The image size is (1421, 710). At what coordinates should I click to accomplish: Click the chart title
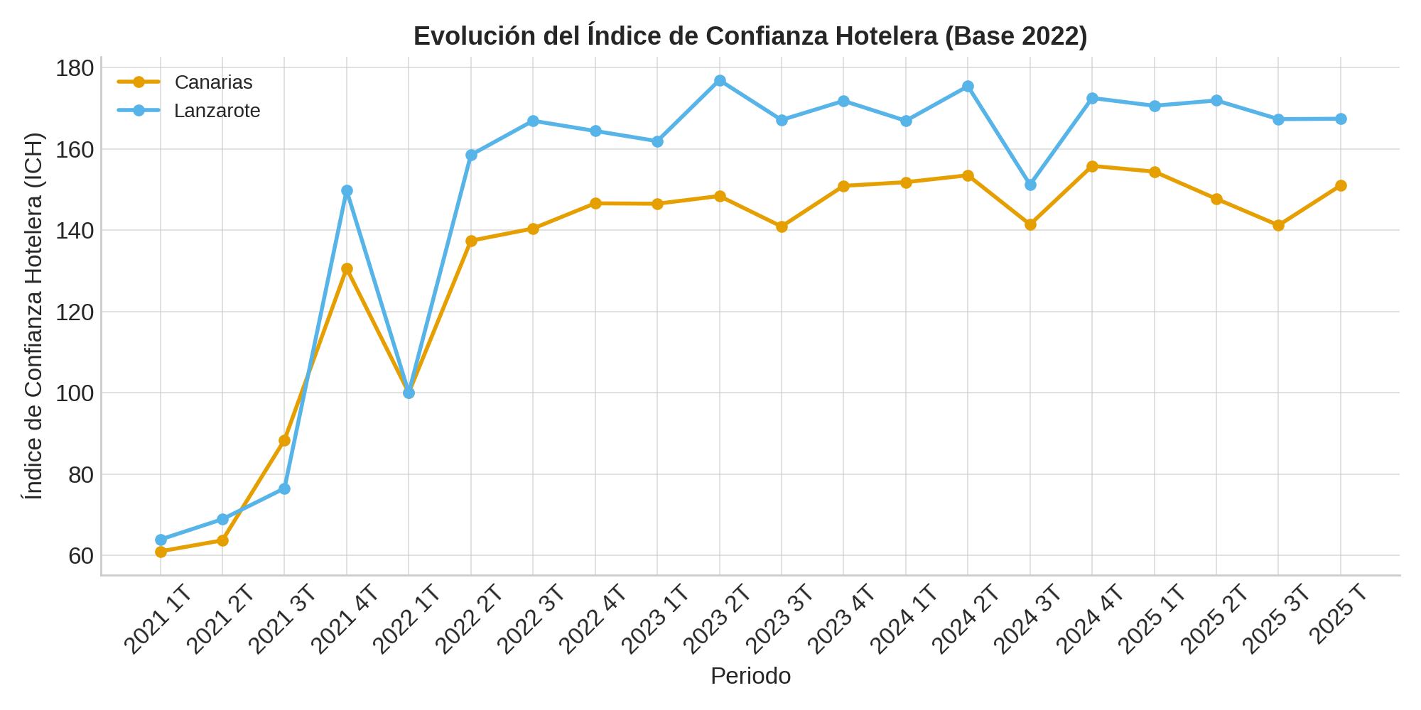(750, 36)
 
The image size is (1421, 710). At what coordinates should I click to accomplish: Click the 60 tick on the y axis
(81, 556)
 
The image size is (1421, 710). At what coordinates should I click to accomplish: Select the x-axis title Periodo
(750, 676)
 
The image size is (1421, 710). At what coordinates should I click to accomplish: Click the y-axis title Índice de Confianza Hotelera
(33, 316)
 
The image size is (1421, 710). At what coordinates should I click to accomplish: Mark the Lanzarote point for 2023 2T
(720, 81)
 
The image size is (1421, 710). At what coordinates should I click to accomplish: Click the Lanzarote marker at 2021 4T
(347, 191)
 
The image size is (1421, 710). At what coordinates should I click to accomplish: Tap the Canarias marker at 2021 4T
(347, 269)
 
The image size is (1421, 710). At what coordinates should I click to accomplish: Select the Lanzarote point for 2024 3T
(1030, 185)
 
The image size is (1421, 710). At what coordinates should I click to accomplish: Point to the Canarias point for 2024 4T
(1092, 166)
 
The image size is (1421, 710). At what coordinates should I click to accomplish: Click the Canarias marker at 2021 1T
(161, 552)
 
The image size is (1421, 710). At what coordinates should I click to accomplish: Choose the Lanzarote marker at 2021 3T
(284, 489)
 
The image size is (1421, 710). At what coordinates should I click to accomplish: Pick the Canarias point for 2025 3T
(1278, 226)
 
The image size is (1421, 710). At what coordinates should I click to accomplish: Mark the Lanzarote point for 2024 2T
(968, 87)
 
